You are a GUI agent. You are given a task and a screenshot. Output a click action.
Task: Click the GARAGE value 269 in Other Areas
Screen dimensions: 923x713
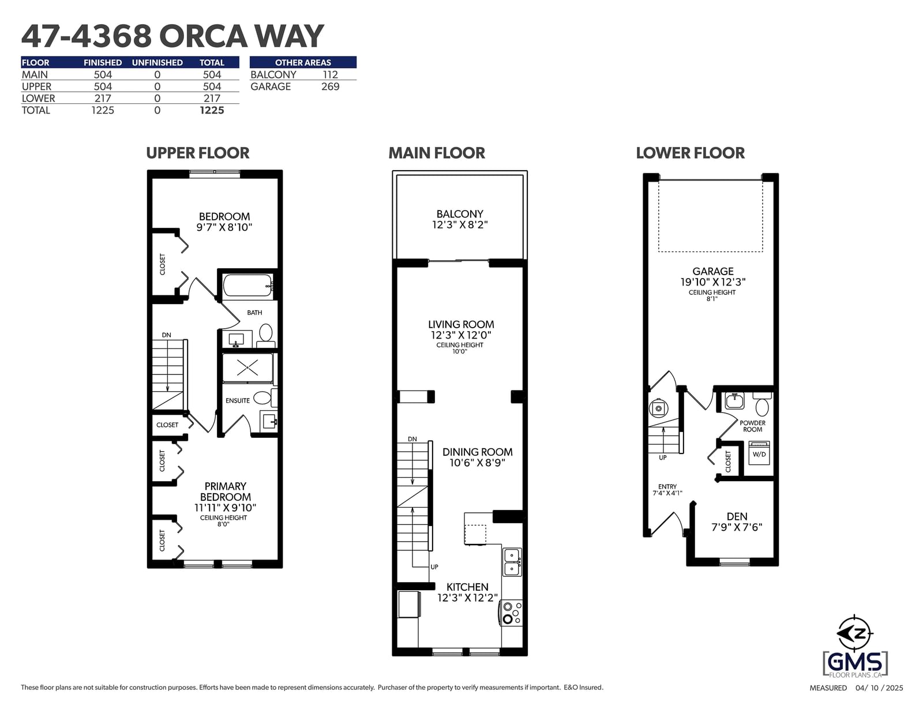click(330, 87)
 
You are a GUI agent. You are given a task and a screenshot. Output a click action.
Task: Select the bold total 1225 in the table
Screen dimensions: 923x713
click(212, 110)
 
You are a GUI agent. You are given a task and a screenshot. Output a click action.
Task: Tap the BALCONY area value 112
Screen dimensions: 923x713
click(330, 75)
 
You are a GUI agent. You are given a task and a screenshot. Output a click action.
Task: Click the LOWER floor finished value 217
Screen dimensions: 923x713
click(103, 99)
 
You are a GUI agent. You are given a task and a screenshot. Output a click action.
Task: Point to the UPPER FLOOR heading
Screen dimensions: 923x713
click(197, 153)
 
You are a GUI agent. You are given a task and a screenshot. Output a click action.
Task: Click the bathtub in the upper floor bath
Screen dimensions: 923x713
click(247, 285)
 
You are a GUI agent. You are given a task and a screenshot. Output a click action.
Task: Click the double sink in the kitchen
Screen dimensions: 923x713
click(512, 562)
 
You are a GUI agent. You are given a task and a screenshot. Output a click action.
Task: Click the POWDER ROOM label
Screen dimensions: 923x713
click(752, 426)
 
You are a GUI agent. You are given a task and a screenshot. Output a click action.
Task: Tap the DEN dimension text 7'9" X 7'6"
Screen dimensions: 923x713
click(737, 527)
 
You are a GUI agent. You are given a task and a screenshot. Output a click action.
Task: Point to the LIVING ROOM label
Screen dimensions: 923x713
click(461, 324)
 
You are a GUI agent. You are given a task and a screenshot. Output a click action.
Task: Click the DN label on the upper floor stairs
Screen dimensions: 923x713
click(167, 335)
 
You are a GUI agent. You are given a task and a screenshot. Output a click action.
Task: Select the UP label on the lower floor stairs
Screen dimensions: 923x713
click(663, 457)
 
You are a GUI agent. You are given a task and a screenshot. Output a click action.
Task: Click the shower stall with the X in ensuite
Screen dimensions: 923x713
click(247, 368)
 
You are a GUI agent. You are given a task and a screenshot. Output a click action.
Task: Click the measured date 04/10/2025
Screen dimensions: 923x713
click(879, 688)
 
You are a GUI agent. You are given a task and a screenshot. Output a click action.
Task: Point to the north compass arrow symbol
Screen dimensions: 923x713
click(854, 633)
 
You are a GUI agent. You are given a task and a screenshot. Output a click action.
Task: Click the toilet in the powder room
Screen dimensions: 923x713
click(762, 404)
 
